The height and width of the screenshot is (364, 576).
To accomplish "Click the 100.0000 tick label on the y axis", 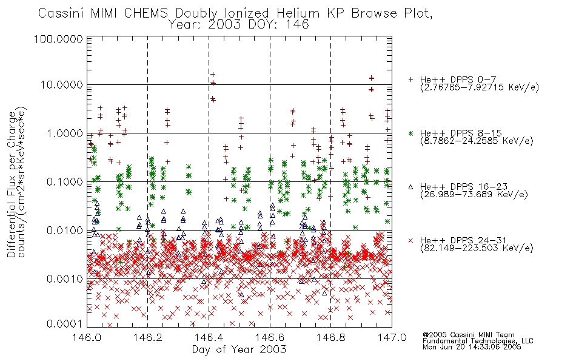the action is click(58, 39).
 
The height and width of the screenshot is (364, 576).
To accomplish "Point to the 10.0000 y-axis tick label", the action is click(61, 85).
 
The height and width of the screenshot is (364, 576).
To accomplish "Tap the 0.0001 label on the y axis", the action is click(65, 324).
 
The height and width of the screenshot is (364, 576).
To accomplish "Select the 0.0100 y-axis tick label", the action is click(65, 231).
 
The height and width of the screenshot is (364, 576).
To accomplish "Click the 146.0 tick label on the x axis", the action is click(87, 337).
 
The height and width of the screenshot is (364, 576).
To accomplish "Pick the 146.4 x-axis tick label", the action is click(209, 337).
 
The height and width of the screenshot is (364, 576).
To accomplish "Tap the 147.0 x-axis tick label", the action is click(392, 337).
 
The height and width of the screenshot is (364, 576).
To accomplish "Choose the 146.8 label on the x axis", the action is click(331, 337).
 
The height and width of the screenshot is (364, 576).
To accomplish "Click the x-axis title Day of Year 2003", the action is click(239, 349).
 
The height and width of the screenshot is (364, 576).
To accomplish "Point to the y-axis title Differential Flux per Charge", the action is click(12, 184).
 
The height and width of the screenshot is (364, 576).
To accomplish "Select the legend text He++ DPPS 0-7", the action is click(458, 79).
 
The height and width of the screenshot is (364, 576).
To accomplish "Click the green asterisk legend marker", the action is click(410, 133).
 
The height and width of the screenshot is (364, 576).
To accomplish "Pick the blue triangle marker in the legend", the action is click(410, 187).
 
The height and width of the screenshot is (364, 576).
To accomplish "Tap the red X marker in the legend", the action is click(410, 240).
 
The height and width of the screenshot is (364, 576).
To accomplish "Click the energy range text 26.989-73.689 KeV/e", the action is click(474, 195).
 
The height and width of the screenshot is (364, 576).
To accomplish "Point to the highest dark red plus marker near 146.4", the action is click(213, 75).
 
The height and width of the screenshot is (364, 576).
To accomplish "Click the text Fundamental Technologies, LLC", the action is click(478, 341).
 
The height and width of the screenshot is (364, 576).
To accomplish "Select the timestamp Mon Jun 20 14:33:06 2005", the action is click(472, 347).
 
